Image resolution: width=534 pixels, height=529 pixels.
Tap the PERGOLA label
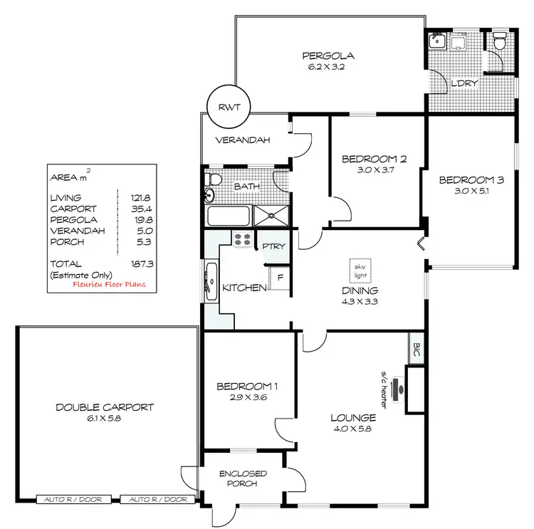coord(328,56)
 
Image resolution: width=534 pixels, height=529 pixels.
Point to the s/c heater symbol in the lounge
coord(401,388)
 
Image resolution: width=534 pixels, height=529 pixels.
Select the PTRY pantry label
coord(273,246)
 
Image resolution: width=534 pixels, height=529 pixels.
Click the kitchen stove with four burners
coord(242,241)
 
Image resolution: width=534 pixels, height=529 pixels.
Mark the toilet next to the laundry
coord(499,43)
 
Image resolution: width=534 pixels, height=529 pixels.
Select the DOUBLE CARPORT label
coord(105,407)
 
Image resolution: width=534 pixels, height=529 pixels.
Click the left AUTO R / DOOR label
coord(74,500)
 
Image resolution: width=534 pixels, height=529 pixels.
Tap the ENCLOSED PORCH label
coord(243,478)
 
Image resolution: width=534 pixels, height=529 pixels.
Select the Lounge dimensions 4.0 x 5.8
coord(352,429)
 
